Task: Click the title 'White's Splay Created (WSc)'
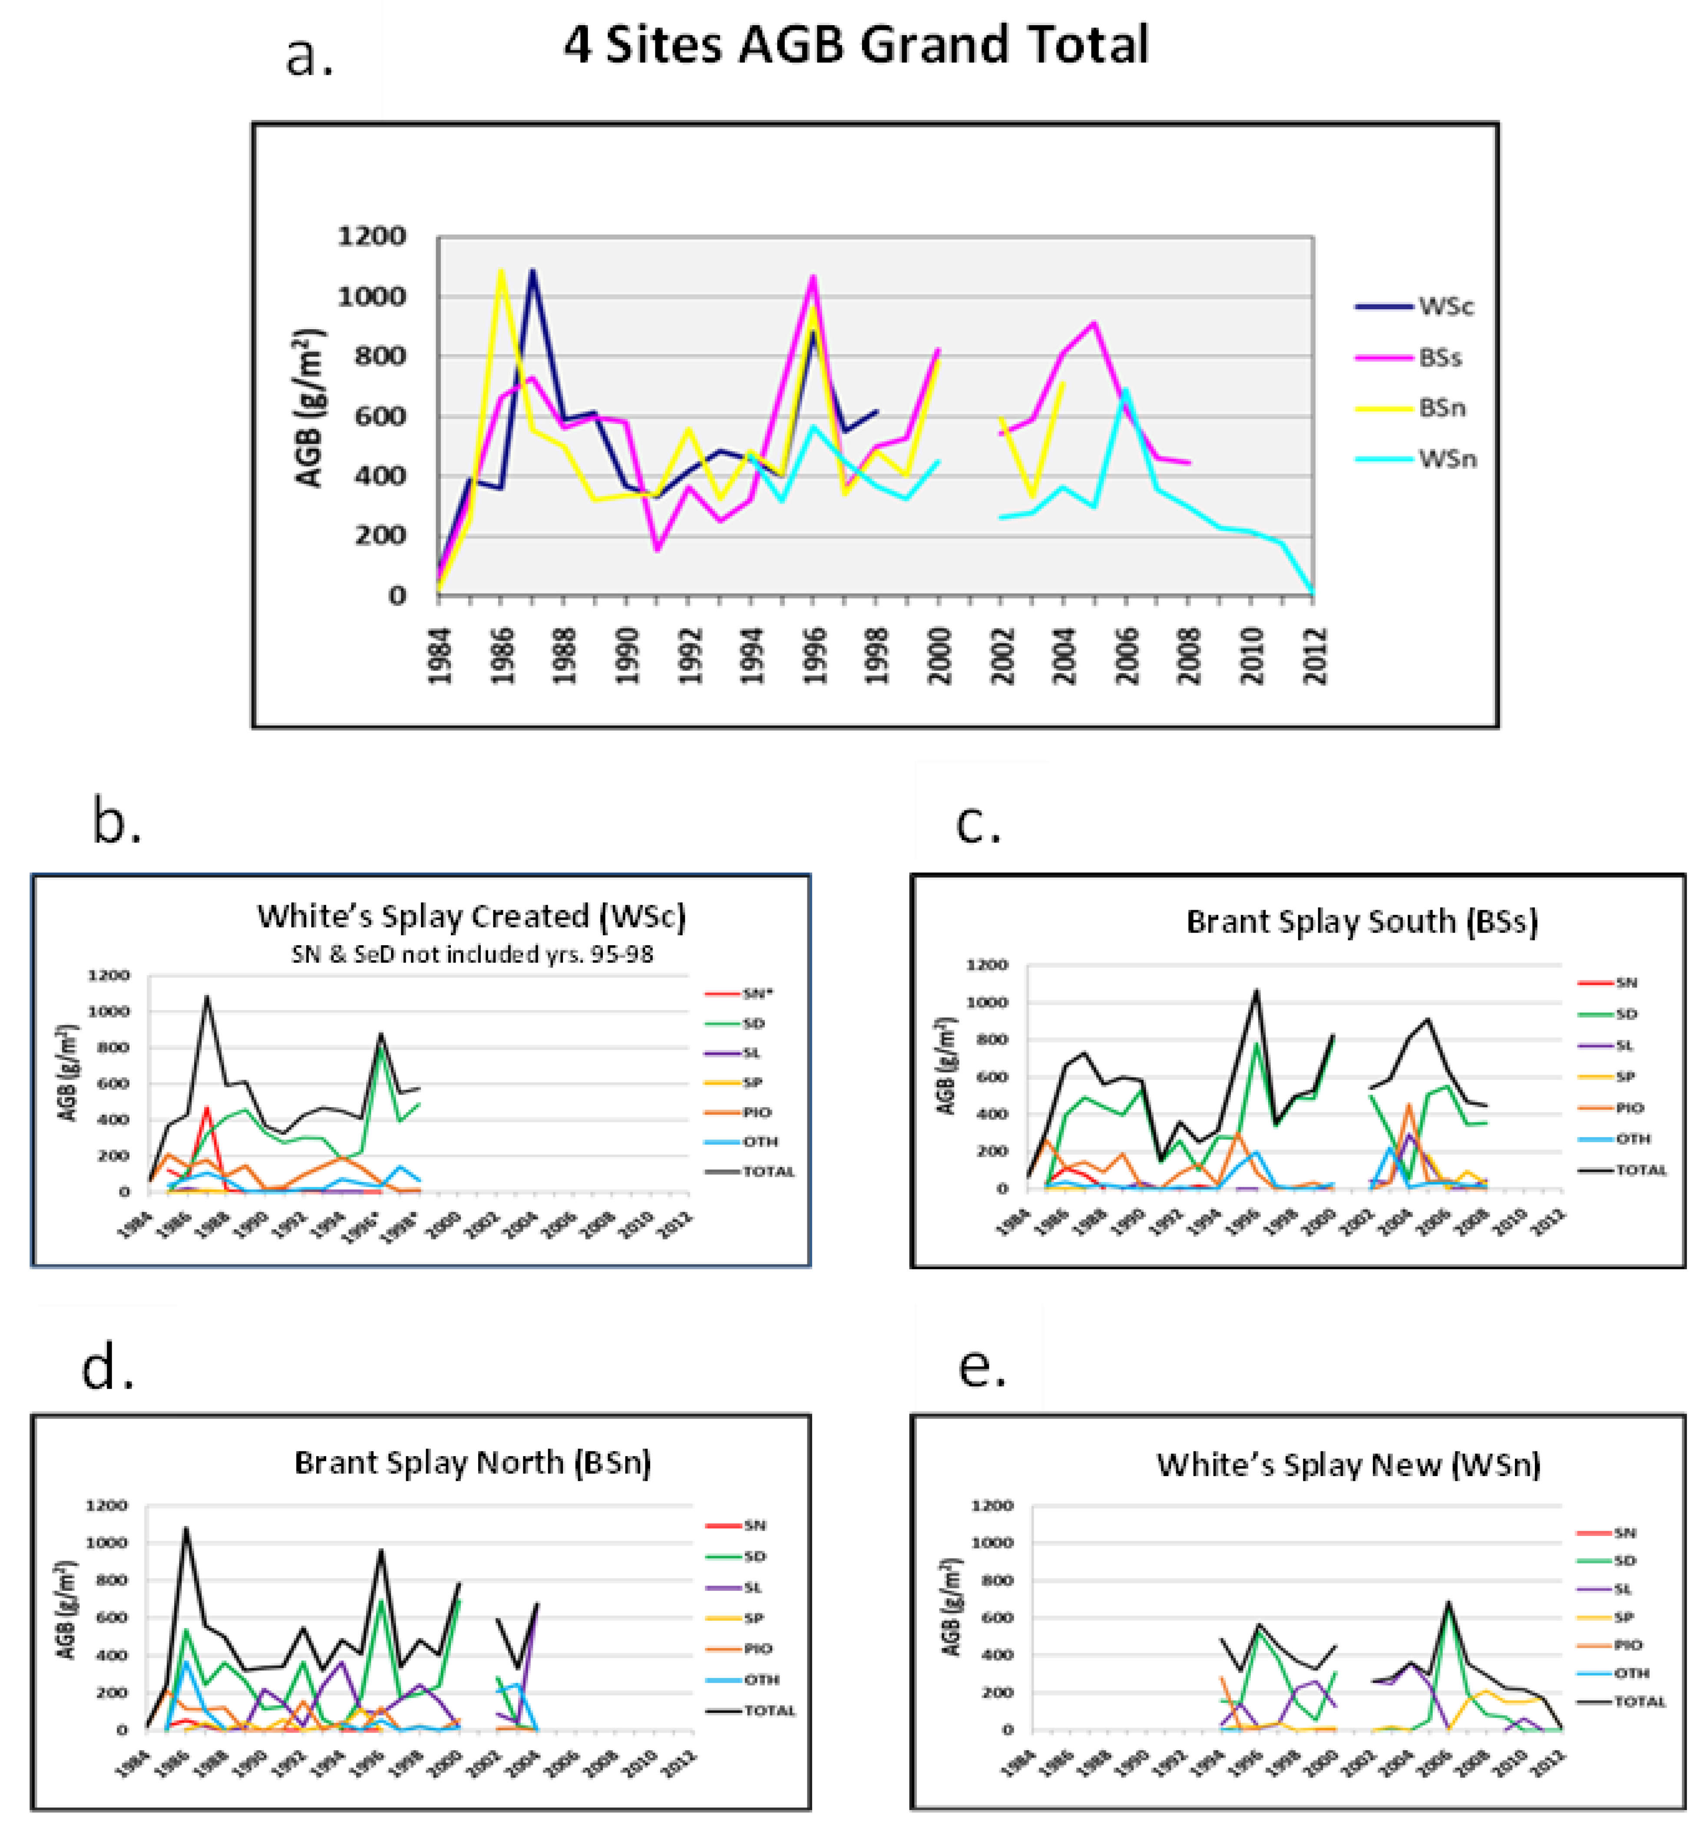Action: coord(471,916)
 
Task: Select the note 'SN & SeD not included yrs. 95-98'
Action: coord(472,954)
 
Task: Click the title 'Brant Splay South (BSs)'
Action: coord(1361,922)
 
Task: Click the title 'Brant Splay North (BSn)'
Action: coord(472,1462)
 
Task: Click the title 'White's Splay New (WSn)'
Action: coord(1348,1464)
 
